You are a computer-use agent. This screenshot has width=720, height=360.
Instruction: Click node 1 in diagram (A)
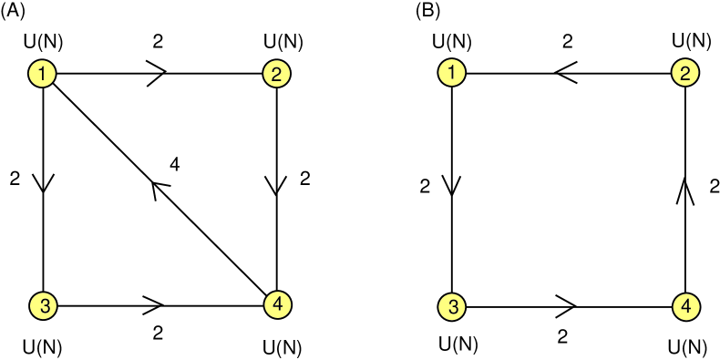tap(44, 73)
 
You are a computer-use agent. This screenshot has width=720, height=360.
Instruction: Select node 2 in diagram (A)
tap(276, 73)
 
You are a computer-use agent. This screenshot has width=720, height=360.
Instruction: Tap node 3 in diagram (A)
tap(44, 305)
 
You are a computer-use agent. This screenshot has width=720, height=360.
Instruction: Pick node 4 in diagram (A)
tap(276, 304)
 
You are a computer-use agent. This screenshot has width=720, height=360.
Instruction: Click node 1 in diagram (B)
tap(453, 73)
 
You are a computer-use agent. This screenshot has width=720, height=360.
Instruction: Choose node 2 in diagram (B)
tap(685, 73)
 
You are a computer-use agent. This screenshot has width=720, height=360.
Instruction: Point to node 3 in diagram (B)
tap(453, 305)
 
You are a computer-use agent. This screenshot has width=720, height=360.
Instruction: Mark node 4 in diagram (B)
tap(685, 305)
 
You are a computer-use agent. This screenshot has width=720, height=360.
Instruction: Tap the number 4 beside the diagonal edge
tap(175, 165)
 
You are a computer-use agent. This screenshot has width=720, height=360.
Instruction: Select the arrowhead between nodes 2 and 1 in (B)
tap(566, 73)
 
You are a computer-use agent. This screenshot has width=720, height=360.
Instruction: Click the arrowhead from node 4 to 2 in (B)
tap(685, 190)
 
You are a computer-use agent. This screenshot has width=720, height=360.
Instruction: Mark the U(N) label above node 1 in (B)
tap(452, 41)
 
